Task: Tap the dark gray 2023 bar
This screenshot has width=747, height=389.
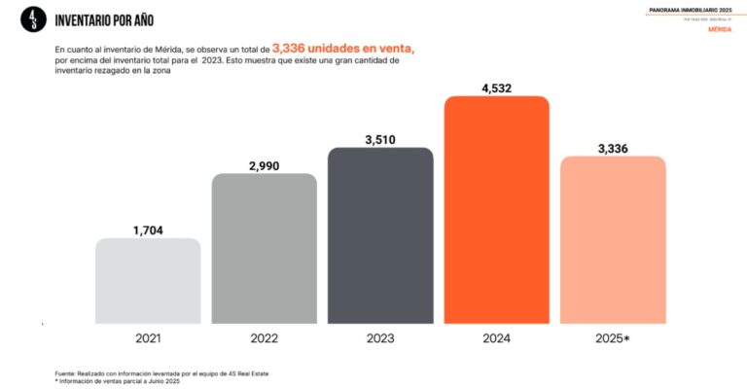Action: tap(380, 235)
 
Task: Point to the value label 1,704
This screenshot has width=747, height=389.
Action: tap(148, 230)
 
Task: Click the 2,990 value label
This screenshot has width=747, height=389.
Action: tap(265, 165)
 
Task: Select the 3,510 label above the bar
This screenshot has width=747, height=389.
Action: tap(380, 139)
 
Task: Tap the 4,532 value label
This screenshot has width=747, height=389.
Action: tap(496, 88)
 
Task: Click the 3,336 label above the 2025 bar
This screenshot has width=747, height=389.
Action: tap(613, 148)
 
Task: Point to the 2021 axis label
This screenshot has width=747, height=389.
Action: tap(148, 338)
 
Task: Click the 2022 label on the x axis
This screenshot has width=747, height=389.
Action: tap(265, 338)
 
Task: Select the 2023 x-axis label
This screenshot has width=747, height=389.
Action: tap(380, 338)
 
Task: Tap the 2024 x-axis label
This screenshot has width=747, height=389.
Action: tap(496, 338)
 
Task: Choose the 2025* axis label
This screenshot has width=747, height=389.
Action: tap(613, 338)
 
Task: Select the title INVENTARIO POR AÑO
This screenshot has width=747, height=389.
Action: tap(104, 20)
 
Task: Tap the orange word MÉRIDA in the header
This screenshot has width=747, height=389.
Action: tap(718, 29)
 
